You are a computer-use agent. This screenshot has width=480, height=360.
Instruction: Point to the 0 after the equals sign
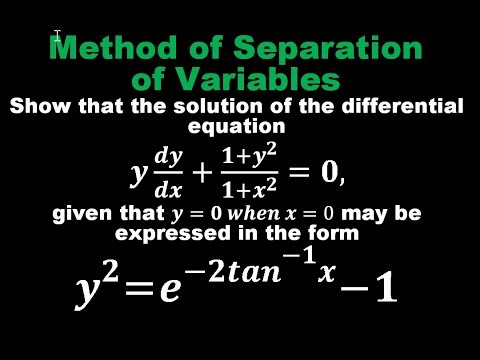pos(328,174)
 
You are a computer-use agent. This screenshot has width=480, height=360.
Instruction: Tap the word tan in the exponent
pos(250,269)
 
